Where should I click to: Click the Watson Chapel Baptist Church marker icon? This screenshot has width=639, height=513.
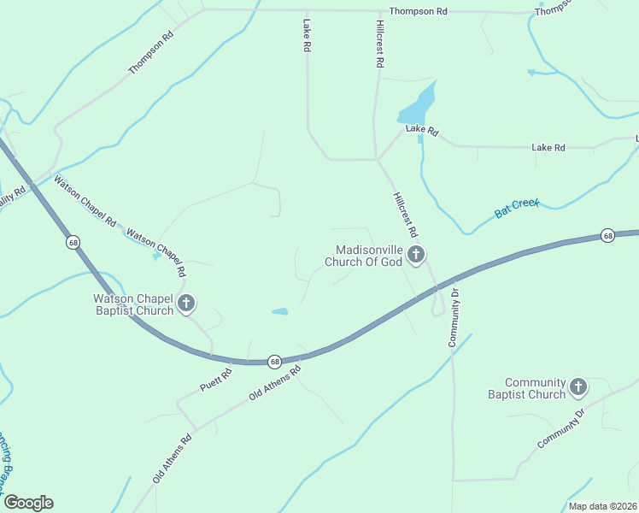[185, 303]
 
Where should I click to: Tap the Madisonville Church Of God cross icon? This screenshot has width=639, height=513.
[416, 254]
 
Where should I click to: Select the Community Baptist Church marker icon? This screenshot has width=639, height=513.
[578, 387]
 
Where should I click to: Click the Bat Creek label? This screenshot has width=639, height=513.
[517, 208]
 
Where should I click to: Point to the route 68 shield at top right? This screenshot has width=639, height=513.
[607, 235]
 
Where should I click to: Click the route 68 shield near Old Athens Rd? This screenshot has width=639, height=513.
[274, 362]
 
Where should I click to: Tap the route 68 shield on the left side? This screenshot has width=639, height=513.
[73, 243]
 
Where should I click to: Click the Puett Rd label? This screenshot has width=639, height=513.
[216, 380]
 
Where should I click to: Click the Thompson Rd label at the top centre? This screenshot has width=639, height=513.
[418, 12]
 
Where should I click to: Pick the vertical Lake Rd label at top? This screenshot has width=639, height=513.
[305, 37]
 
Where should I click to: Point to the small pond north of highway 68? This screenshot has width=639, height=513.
[280, 311]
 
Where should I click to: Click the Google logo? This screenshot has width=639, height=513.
[28, 503]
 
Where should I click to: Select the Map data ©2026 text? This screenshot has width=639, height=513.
[602, 506]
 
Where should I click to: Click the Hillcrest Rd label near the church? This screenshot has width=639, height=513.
[405, 214]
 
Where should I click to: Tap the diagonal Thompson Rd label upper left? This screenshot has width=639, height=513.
[151, 53]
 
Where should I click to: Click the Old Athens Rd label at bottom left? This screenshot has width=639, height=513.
[173, 458]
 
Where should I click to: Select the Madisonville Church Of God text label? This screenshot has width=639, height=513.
[368, 256]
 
